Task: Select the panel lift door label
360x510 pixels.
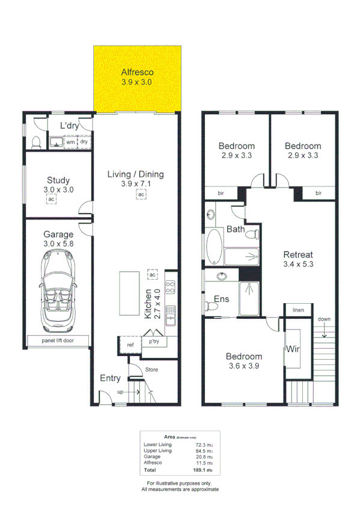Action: point(58,340)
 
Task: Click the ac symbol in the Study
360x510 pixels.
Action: point(52,199)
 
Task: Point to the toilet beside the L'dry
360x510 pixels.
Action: point(36,141)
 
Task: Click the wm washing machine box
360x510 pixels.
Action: point(70,142)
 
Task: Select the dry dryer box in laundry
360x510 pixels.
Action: point(84,142)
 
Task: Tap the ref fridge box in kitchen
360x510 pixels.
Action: point(130,345)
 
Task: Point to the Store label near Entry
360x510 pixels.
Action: point(152,369)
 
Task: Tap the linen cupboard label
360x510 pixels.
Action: point(299,310)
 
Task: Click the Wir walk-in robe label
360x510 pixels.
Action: point(293,349)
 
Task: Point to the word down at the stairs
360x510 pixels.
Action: point(324,319)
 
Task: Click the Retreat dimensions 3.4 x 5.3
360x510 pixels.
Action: point(299,263)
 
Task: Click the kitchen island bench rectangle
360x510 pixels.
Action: point(129,293)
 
